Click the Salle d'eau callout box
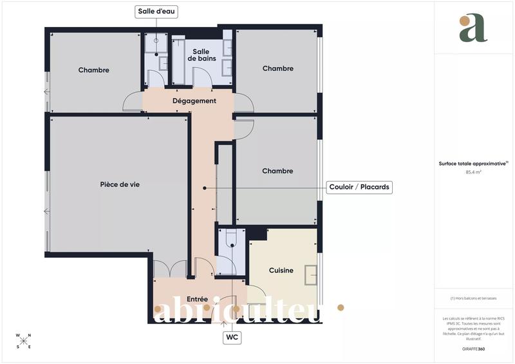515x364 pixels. [x=156, y=12]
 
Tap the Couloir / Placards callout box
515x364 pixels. [x=360, y=187]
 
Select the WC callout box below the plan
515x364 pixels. [x=232, y=337]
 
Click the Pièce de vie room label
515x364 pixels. [x=120, y=184]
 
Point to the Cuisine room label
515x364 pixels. [x=281, y=271]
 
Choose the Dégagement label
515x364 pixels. [x=194, y=101]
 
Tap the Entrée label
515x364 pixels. [x=197, y=300]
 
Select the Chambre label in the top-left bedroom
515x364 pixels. [x=94, y=70]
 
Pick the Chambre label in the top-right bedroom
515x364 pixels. [x=277, y=68]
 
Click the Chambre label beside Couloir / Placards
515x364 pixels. [x=277, y=171]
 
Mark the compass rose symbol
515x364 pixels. [x=23, y=341]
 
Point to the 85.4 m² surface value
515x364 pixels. [x=474, y=173]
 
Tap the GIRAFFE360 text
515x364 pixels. [x=473, y=349]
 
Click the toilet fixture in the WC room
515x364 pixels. [x=232, y=239]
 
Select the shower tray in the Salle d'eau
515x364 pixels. [x=155, y=43]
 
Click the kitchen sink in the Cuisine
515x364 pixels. [x=310, y=275]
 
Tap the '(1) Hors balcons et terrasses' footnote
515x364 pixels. [x=473, y=298]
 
